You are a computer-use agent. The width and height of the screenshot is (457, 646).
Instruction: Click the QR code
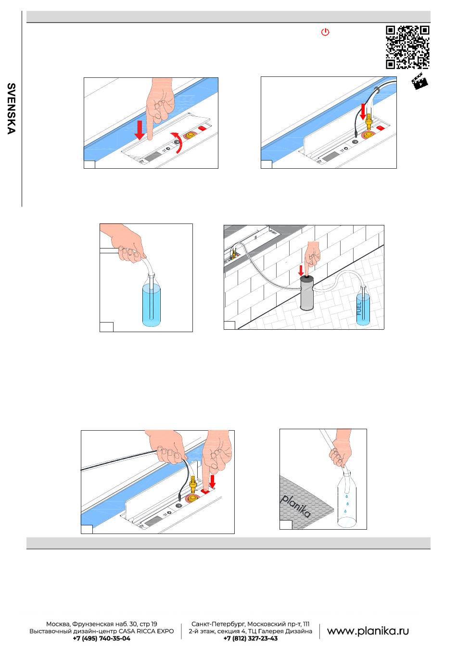407,47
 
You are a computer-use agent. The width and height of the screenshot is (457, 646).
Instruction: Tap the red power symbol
325,33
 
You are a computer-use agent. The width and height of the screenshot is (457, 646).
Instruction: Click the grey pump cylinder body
306,294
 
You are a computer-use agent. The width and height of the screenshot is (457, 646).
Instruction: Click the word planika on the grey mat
296,507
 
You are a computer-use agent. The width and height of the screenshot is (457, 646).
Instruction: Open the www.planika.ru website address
368,631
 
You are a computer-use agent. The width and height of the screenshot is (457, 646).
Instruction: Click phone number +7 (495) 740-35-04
101,638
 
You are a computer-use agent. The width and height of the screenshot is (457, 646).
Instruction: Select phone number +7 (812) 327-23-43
250,638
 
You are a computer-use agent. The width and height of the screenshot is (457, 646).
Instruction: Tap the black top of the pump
306,278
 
